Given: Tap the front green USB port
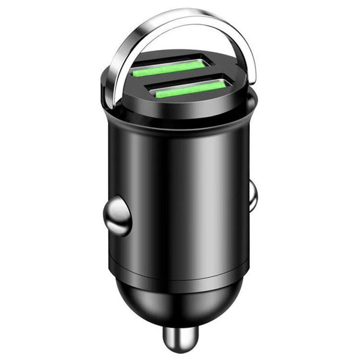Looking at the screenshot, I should (188, 88).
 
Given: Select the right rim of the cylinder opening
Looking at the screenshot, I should (255, 101).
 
